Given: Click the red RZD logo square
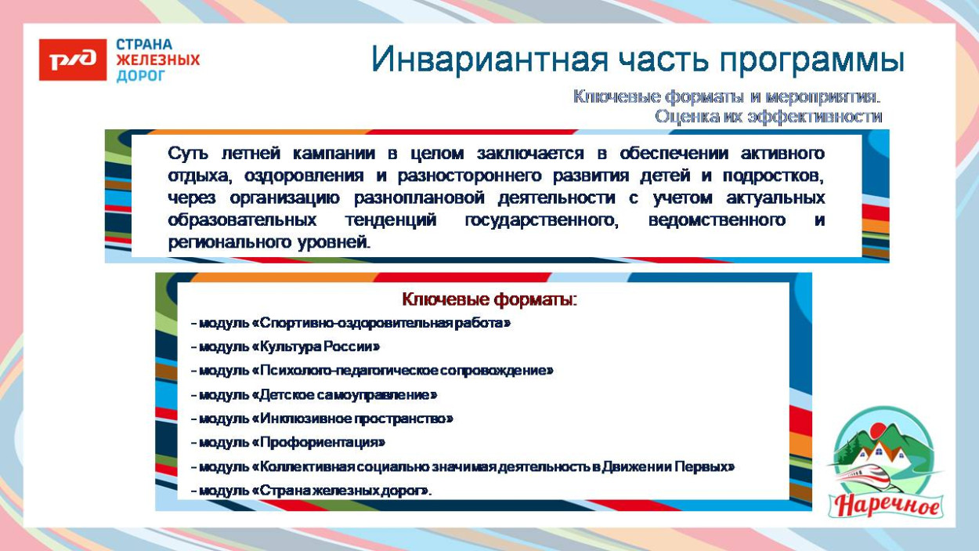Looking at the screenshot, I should pos(72,60).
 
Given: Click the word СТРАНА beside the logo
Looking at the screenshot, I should pos(144,45).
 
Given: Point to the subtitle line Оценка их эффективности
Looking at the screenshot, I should pos(768,117).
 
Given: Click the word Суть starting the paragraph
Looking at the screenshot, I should pos(188,153).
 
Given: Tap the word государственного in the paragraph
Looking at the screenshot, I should pos(541,220).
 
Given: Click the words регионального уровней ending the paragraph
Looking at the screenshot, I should pos(269,242).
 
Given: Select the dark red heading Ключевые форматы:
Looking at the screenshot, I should pos(489,299).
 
